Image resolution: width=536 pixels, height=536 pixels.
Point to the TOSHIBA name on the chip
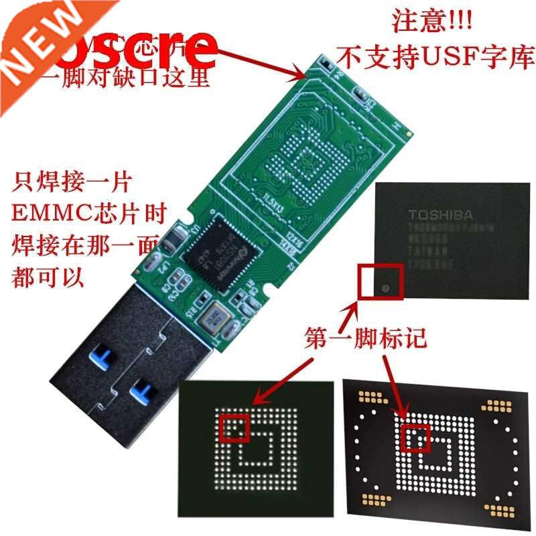tap(442, 216)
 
